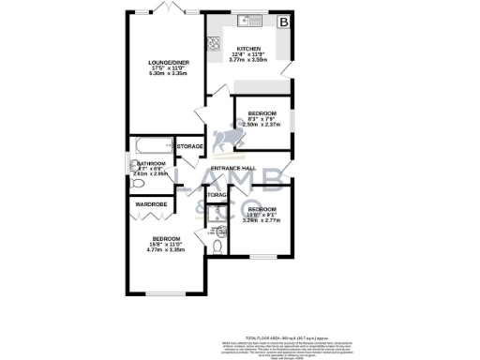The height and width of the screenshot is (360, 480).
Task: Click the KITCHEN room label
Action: (248, 48)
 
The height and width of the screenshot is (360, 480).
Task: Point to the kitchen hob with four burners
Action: (213, 41)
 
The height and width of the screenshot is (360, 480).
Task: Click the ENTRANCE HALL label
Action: (233, 169)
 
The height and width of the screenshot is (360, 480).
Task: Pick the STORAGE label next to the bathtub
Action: (190, 146)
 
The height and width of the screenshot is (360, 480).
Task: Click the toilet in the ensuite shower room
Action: (217, 247)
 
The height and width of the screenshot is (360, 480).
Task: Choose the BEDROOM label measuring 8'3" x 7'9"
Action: (259, 113)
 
